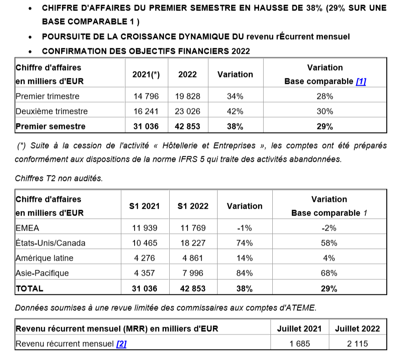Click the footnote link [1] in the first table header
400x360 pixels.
(x=361, y=82)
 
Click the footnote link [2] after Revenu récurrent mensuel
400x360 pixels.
(x=121, y=344)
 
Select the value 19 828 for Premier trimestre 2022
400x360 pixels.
(x=187, y=97)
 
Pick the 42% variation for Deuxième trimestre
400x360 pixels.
(x=235, y=111)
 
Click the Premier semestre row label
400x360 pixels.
(x=50, y=127)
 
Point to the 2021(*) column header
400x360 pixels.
(x=145, y=75)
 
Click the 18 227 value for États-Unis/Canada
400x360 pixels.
(x=193, y=243)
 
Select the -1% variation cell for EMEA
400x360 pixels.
(x=244, y=228)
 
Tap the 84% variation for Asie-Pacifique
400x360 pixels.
(x=244, y=273)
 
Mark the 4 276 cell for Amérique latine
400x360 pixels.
(x=145, y=258)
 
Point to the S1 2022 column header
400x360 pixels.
(x=193, y=206)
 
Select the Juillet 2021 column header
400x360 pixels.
(x=299, y=329)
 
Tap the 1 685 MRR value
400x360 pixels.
(x=299, y=344)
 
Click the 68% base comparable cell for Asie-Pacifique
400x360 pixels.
(x=329, y=273)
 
